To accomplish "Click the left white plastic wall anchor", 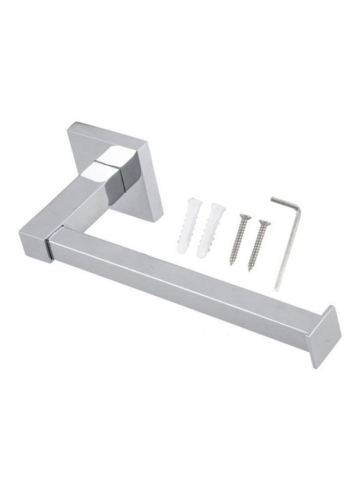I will tap(188, 226).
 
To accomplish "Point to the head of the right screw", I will tap(264, 222).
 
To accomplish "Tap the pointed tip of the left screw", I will tap(231, 264).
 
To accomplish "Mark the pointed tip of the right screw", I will tap(250, 270).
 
